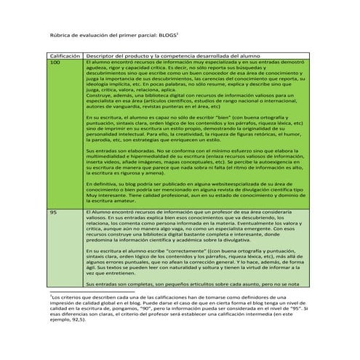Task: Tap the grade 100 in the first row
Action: pos(55,63)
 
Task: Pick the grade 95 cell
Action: pos(53,211)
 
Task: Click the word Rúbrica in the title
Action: pos(60,33)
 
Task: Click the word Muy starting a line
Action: pos(92,194)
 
